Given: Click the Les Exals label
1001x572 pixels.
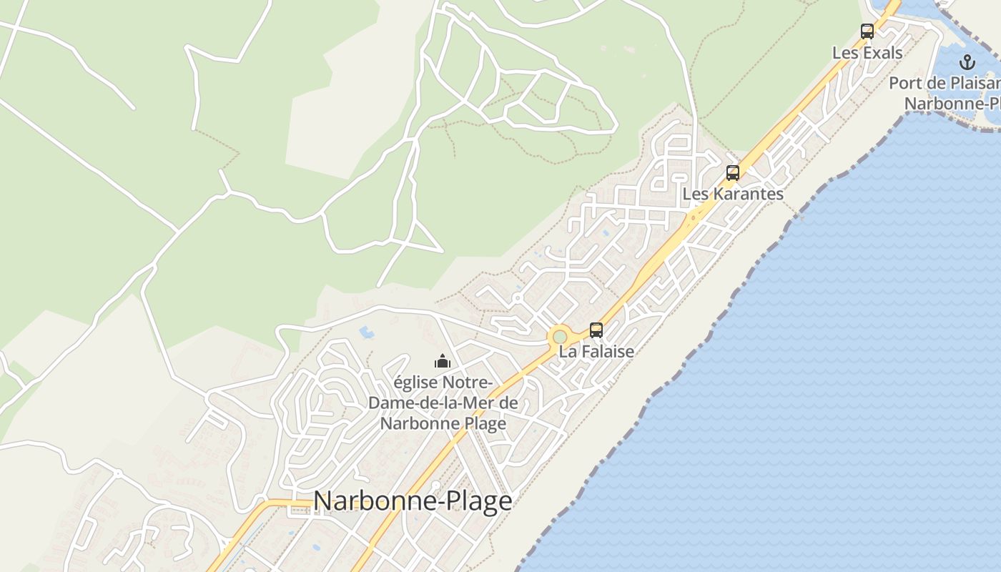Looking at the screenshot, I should tap(867, 53).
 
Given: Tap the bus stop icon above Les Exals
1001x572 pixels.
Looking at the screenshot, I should tap(867, 31).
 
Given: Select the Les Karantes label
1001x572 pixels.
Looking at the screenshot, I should tap(733, 194).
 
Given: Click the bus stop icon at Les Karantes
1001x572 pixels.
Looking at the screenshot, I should tap(733, 172).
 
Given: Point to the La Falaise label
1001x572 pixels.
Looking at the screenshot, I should tap(596, 352).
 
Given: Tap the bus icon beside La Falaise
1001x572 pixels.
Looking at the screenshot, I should tap(596, 330).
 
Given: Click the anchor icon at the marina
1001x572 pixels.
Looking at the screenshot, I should tap(967, 61).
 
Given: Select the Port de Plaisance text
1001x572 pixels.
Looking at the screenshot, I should tap(944, 84).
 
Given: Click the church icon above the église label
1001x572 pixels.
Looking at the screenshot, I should tap(443, 361).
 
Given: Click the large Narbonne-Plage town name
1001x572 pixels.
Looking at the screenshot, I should tap(413, 501).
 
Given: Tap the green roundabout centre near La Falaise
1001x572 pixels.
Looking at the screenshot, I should tap(559, 337).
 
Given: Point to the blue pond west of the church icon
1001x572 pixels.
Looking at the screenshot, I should tap(366, 332).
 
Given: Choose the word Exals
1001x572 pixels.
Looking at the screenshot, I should tap(883, 53).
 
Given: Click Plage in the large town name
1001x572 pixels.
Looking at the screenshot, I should tap(476, 501).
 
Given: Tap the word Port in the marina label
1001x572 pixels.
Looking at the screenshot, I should tap(902, 84).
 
